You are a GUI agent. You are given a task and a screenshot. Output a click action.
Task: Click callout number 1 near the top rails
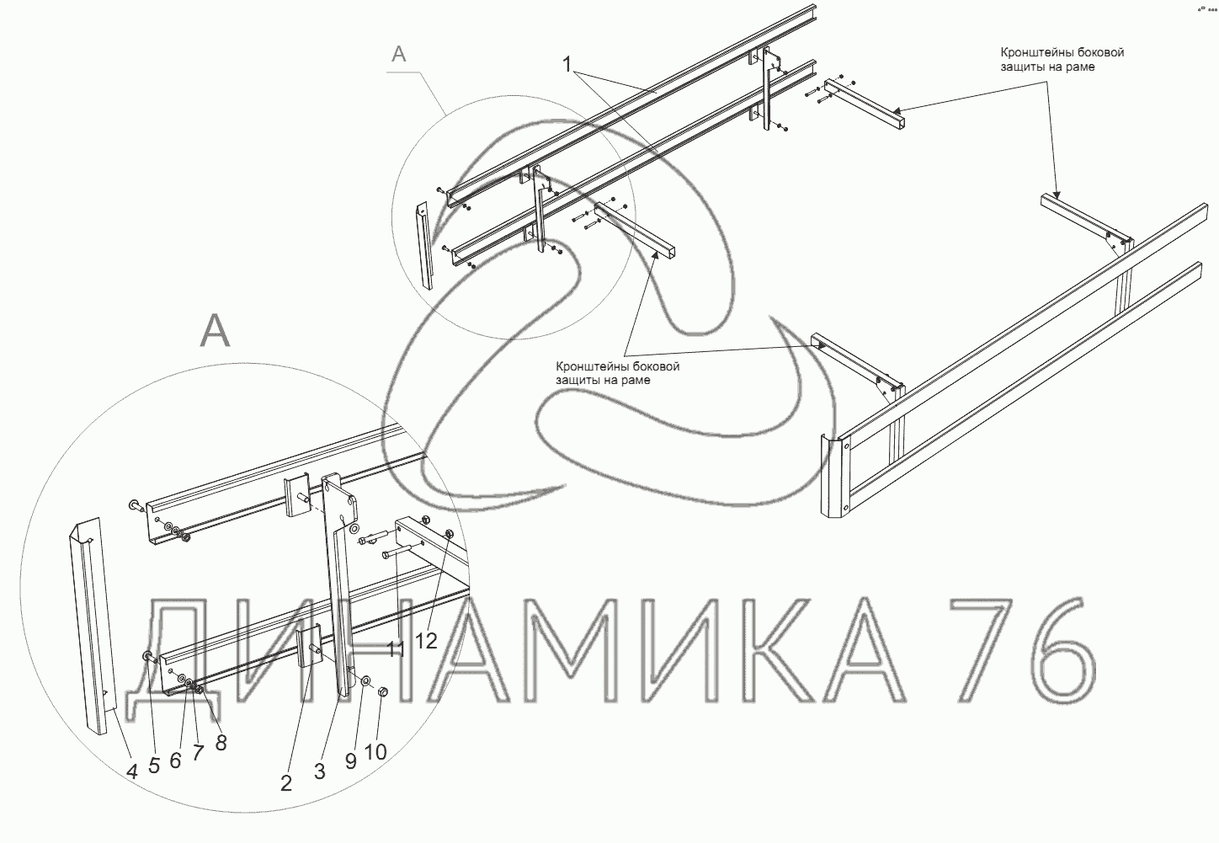(567, 65)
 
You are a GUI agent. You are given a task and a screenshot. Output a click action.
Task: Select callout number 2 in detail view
(286, 782)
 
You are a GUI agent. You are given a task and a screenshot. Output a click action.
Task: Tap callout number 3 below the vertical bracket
(319, 771)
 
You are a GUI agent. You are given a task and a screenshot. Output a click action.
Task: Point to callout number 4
(131, 771)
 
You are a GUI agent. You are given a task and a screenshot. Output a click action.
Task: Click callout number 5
(154, 766)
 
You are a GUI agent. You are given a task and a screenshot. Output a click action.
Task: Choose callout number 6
(175, 760)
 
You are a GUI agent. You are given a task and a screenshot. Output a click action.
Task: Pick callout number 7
(198, 753)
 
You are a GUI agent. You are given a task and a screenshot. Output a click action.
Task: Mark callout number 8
(221, 742)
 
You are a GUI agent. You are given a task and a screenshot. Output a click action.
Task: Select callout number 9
(351, 760)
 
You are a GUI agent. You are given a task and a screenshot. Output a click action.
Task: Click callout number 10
(375, 751)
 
